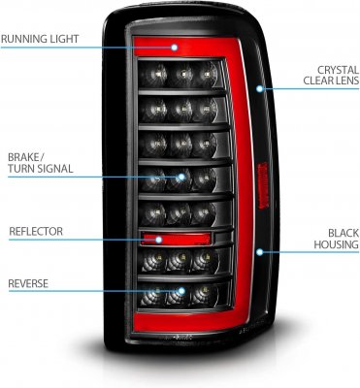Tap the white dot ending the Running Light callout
click(176, 48)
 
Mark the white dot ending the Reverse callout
click(181, 292)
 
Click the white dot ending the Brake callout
click(181, 177)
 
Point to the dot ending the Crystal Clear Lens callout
click(259, 89)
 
